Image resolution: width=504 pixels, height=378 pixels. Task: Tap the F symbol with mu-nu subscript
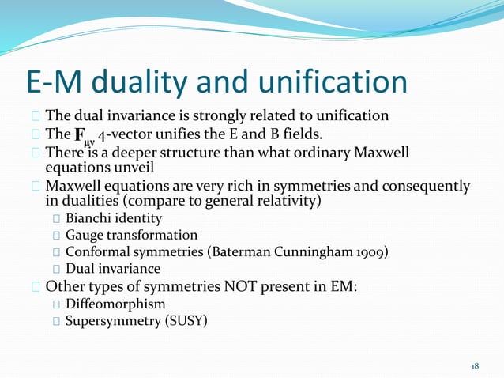click(85, 135)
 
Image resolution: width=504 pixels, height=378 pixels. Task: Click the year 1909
click(371, 252)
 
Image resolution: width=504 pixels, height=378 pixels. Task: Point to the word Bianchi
click(90, 218)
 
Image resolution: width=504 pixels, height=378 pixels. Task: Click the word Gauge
click(85, 235)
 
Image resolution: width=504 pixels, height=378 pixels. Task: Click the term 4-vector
click(137, 134)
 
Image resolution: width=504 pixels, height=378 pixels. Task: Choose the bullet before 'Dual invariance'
click(57, 270)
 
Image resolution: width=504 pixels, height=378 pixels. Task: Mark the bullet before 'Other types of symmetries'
click(36, 287)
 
